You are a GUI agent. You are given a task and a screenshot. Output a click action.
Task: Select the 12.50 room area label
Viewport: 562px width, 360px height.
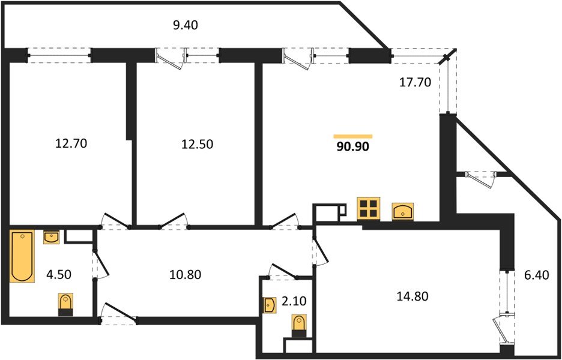point(198,144)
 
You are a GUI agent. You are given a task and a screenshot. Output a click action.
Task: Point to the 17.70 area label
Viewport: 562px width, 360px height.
point(415,83)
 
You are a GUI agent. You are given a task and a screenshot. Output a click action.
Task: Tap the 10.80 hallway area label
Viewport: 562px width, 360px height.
point(185,275)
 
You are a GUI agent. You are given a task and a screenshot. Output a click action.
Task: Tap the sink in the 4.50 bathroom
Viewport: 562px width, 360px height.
point(52,237)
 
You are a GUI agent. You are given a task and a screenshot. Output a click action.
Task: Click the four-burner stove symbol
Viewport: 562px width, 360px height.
point(367,208)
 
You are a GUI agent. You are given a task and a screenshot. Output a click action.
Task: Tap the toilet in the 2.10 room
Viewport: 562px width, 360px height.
point(298,325)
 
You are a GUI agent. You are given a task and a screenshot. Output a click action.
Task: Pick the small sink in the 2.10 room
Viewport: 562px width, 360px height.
point(268,305)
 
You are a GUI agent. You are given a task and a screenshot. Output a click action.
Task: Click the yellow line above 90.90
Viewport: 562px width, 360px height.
point(353,136)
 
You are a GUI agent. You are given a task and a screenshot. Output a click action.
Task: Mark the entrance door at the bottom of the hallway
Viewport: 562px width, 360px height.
point(119,314)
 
